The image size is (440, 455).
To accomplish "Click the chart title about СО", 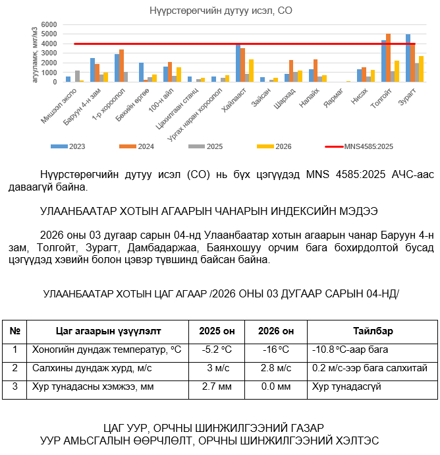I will point(220,11).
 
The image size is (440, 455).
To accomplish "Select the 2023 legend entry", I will point(71,146).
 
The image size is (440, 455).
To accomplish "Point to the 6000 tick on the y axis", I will point(49,24).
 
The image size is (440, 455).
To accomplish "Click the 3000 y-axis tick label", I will point(49,53).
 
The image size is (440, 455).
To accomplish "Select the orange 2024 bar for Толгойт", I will point(388,58).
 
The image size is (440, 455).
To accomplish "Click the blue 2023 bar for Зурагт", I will point(408,58).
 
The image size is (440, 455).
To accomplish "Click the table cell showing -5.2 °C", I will point(217,349).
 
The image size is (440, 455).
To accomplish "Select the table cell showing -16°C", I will point(275,349).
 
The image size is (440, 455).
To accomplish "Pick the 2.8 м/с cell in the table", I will point(275,368).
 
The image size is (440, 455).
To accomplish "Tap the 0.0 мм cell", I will point(275,386).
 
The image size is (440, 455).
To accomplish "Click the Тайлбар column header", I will point(373,331).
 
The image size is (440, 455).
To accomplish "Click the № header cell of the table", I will point(14,331).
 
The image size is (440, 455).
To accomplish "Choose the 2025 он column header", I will point(217,331).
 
